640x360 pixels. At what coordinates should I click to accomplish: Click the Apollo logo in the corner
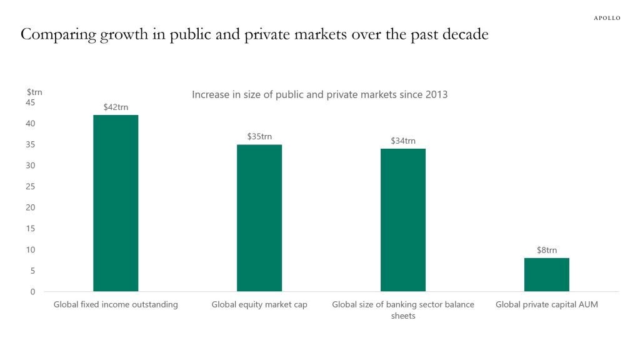point(606,18)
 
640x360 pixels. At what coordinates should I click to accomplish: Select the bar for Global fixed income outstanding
point(116,203)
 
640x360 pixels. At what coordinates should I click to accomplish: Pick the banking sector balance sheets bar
point(403,220)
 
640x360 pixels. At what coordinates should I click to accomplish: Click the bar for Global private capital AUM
point(547,274)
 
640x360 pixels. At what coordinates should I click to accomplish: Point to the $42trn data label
point(116,107)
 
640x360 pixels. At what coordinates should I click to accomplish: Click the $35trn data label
point(259,136)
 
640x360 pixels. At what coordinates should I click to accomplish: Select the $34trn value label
point(403,141)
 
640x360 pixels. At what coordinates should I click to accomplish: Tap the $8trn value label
point(547,250)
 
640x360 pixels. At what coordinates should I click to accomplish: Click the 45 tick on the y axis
point(31,102)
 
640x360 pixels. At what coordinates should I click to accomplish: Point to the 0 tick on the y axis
point(32,292)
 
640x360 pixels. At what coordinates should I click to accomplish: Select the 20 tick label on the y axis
point(31,207)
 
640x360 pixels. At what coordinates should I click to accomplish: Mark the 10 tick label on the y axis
point(31,250)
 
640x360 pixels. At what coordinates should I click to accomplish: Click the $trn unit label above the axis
point(34,92)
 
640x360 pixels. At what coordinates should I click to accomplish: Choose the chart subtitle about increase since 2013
point(319,95)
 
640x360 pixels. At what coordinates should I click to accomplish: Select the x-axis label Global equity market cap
point(259,305)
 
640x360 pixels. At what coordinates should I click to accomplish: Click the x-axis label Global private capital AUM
point(547,305)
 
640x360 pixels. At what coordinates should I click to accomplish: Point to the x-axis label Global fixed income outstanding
point(116,305)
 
